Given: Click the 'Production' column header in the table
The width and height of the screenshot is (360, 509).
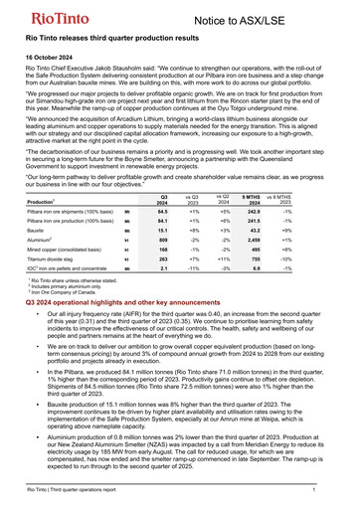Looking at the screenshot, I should (42, 202).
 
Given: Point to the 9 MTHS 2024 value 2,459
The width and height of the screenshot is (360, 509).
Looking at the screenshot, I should (253, 239).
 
